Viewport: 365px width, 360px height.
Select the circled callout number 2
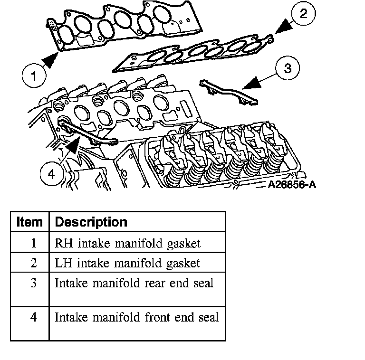point(303,13)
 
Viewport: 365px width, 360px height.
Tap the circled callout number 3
point(287,68)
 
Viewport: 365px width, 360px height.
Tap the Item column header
point(29,222)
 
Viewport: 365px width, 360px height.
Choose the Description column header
point(91,222)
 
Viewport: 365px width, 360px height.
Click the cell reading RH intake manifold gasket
point(128,243)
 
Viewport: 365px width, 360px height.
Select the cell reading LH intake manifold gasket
point(127,263)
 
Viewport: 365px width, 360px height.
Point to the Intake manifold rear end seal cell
point(134,283)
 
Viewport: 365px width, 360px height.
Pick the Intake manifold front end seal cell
point(137,317)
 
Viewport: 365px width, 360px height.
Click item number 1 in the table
point(34,243)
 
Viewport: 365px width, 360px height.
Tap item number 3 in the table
point(34,283)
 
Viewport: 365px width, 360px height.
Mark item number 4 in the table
point(34,317)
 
